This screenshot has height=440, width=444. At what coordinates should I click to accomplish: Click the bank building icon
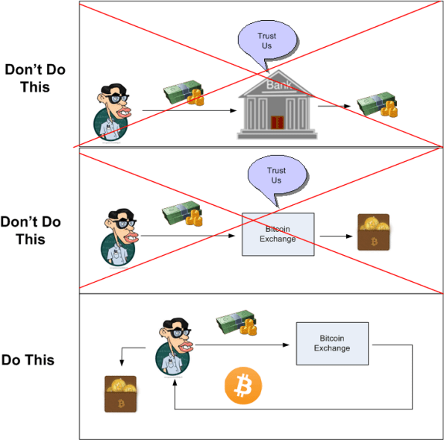[x=273, y=106]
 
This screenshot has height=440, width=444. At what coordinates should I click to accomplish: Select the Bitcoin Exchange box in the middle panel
[x=278, y=234]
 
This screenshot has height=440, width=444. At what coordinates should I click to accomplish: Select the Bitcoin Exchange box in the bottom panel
[x=331, y=343]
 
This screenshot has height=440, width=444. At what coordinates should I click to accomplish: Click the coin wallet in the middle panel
[x=373, y=232]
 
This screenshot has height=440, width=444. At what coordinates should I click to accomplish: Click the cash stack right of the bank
[x=375, y=106]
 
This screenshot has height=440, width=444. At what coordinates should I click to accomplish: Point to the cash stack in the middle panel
[x=182, y=216]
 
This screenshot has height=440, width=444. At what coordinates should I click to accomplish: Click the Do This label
[x=28, y=359]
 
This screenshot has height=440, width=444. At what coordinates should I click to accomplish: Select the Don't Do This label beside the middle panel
[x=32, y=230]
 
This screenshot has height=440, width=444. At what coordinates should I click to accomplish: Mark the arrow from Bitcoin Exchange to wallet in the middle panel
[x=334, y=237]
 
